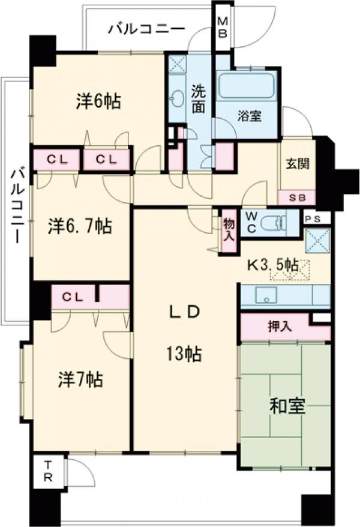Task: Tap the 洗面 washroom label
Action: pos(200,100)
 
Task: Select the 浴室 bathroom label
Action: pos(250,116)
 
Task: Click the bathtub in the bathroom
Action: pos(245,86)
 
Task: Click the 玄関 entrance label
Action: pos(297,163)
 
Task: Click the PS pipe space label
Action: pos(316,218)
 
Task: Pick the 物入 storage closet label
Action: pos(229,229)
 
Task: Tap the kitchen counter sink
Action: pos(265,295)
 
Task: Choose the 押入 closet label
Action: pos(279,327)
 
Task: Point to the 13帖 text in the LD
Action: pos(184,354)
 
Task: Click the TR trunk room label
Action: pos(50,472)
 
